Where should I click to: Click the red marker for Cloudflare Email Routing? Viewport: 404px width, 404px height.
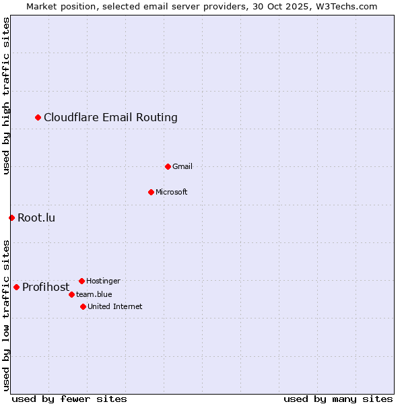pyautogui.click(x=38, y=118)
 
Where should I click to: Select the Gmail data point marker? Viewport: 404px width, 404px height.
pyautogui.click(x=168, y=166)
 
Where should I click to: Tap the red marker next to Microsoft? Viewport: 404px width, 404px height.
pyautogui.click(x=151, y=192)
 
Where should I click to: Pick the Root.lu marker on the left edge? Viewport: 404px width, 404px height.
pyautogui.click(x=11, y=217)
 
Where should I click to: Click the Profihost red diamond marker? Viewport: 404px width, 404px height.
pyautogui.click(x=16, y=287)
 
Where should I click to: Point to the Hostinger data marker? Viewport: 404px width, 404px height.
pyautogui.click(x=81, y=281)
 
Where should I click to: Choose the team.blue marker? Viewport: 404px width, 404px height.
pyautogui.click(x=71, y=294)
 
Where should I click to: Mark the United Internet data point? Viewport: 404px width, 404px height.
pyautogui.click(x=83, y=306)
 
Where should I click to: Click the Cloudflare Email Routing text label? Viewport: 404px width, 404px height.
pyautogui.click(x=110, y=118)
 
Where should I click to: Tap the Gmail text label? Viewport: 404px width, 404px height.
pyautogui.click(x=182, y=166)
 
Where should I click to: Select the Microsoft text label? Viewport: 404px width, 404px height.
pyautogui.click(x=172, y=192)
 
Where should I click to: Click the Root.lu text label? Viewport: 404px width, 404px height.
pyautogui.click(x=36, y=217)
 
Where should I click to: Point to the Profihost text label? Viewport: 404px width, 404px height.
pyautogui.click(x=46, y=288)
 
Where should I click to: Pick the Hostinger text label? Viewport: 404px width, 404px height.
pyautogui.click(x=103, y=281)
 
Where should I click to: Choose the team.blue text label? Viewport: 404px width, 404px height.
pyautogui.click(x=94, y=294)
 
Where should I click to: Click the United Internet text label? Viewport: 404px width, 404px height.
pyautogui.click(x=115, y=306)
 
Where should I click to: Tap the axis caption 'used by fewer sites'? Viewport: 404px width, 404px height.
pyautogui.click(x=69, y=399)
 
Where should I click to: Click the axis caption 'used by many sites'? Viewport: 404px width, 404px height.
pyautogui.click(x=338, y=399)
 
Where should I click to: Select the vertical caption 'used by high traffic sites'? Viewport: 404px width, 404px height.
pyautogui.click(x=6, y=96)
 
